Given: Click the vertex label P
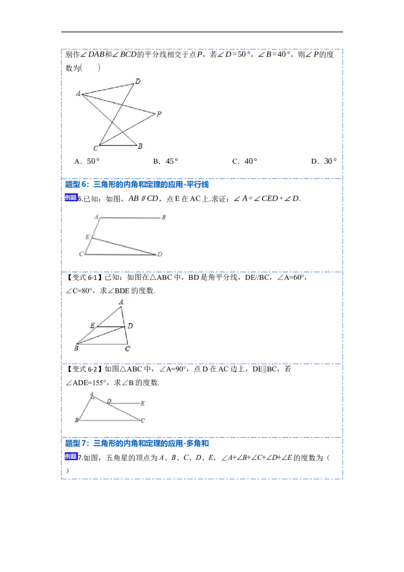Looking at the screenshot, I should pyautogui.click(x=159, y=114).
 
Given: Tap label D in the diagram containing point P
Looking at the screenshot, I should pyautogui.click(x=138, y=81).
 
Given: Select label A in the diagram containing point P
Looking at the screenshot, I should pyautogui.click(x=78, y=93).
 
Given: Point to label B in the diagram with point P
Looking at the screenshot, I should pyautogui.click(x=140, y=146).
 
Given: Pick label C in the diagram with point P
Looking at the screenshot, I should pyautogui.click(x=95, y=148).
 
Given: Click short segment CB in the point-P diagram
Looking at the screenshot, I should pyautogui.click(x=117, y=145).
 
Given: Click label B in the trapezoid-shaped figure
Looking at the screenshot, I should pyautogui.click(x=163, y=217).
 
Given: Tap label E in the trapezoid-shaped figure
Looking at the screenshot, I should pyautogui.click(x=87, y=237).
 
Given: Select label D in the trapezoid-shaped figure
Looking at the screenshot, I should pyautogui.click(x=160, y=254).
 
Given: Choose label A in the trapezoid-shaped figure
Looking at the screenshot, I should pyautogui.click(x=96, y=217).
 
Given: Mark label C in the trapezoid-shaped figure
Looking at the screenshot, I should pyautogui.click(x=81, y=254).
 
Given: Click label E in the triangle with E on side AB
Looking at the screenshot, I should pyautogui.click(x=92, y=326).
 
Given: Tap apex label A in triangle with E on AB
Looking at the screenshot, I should pyautogui.click(x=121, y=302).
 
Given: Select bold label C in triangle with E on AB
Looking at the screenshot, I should pyautogui.click(x=128, y=348).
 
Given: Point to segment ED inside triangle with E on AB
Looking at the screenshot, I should pyautogui.click(x=111, y=326).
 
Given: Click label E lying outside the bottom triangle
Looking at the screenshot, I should pyautogui.click(x=143, y=403).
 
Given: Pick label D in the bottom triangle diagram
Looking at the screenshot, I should pyautogui.click(x=109, y=401).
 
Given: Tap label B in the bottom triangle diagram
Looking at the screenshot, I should pyautogui.click(x=76, y=420).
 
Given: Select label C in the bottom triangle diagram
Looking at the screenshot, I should pyautogui.click(x=143, y=420).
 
